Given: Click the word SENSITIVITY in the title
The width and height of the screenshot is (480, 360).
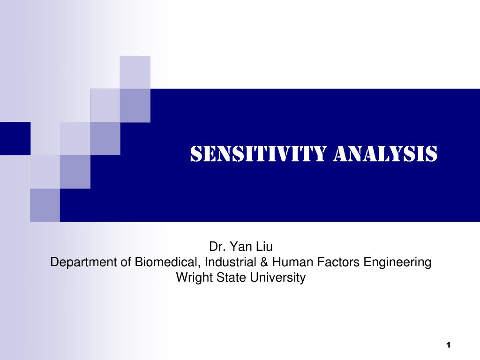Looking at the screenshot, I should point(258,154).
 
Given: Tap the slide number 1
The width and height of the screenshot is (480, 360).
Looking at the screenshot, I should point(448,345).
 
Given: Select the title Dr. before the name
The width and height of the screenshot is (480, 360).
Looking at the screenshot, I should point(216,247).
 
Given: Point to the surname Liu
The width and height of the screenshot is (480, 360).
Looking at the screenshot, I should point(262,247).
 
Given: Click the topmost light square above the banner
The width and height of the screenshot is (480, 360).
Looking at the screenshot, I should point(135,72).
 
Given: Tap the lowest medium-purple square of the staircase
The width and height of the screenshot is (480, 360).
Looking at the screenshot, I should point(45,205).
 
